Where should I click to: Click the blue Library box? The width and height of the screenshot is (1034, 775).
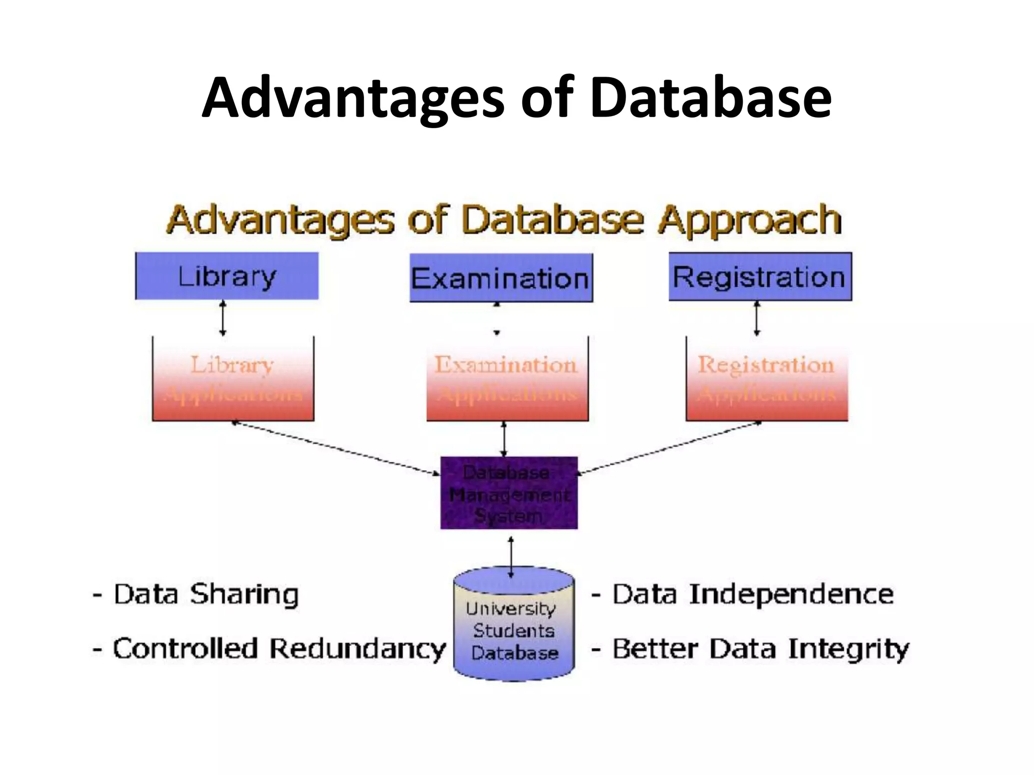point(227,276)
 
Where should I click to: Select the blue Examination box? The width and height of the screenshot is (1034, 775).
point(501,278)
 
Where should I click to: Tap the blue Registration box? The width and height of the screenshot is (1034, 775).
point(760,277)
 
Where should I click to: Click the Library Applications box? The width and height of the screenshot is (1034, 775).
point(233,379)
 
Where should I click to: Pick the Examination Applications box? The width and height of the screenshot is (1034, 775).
point(507,379)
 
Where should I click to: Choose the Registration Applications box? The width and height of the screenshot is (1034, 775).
point(766,379)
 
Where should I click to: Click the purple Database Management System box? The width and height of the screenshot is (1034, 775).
point(509,493)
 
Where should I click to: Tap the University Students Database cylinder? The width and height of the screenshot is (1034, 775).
point(514,626)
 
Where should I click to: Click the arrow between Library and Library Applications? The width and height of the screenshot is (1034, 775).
point(223,318)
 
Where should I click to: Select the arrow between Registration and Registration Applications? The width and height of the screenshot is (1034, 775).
point(756,318)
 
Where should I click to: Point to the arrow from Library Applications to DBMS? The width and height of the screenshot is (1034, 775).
point(336,448)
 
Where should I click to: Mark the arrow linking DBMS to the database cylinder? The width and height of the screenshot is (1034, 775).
point(511,557)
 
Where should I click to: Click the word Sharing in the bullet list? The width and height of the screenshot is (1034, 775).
point(244,594)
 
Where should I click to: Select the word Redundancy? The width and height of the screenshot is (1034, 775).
point(357,649)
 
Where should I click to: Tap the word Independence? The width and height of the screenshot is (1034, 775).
point(791,594)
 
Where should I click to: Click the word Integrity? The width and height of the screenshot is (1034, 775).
point(849,649)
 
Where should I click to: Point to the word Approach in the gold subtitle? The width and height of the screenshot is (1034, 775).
point(749,220)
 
